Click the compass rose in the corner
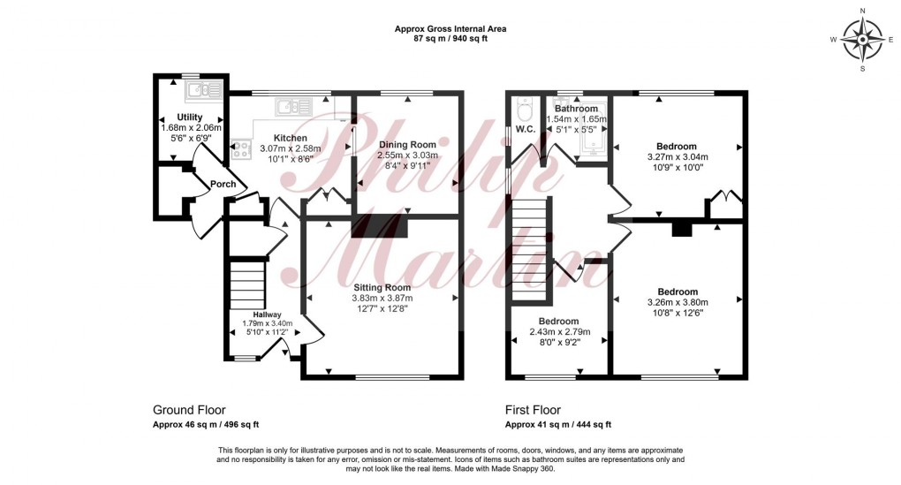tap(861, 40)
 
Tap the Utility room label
tap(190, 117)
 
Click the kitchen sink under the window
tap(291, 107)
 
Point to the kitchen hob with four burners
tap(240, 152)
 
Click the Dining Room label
tap(407, 144)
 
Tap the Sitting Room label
tap(382, 287)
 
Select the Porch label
tap(223, 184)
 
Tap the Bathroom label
tap(577, 109)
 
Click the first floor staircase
tap(532, 247)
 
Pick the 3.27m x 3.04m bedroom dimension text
tap(677, 158)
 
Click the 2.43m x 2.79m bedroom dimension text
tap(558, 333)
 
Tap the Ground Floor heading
tap(189, 410)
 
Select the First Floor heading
tap(533, 410)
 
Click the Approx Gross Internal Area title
tap(450, 28)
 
